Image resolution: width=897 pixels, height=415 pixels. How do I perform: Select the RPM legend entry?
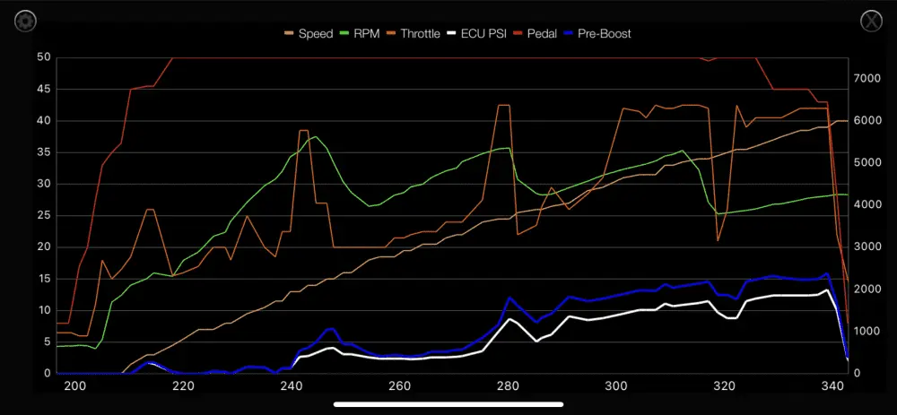point(365,34)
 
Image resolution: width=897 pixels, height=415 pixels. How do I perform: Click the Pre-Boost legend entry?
point(603,34)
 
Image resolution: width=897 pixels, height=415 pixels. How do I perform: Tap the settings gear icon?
point(25,21)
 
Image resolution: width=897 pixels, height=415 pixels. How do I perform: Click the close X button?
point(871,21)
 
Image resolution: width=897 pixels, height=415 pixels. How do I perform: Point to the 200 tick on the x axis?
point(75,386)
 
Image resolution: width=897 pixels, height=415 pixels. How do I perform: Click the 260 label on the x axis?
point(400,386)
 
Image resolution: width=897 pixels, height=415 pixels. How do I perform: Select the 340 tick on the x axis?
point(832,386)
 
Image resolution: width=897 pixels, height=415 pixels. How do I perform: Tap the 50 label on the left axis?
point(43,58)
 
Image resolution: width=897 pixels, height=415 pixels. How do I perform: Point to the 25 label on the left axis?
point(43,216)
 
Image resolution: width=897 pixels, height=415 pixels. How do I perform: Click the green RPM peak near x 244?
point(315,137)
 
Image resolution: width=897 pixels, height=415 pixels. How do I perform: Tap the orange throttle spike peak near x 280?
point(503,105)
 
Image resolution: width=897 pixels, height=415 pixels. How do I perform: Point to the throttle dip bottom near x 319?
point(718,240)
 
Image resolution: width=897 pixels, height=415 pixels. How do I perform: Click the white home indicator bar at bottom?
point(448,404)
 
